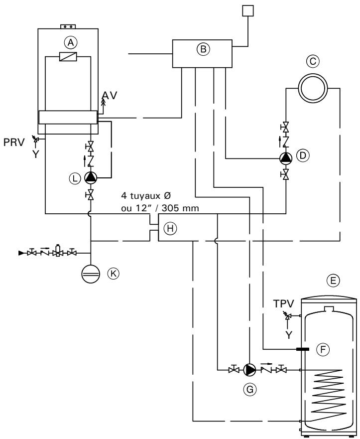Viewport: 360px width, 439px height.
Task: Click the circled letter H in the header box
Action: (x=170, y=228)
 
